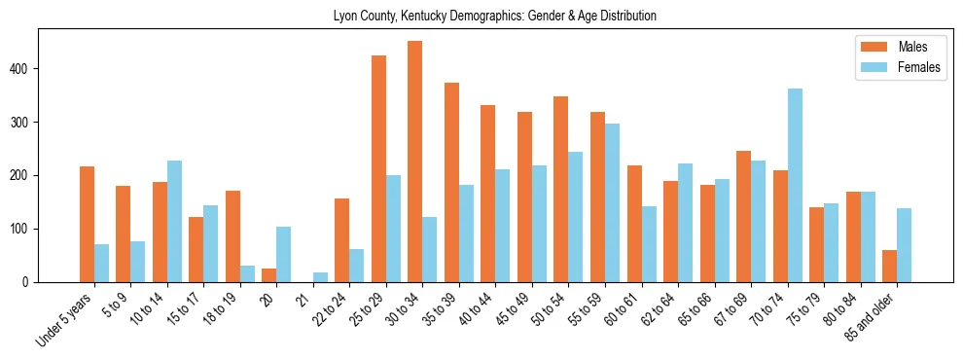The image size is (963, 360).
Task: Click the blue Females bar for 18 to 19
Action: click(x=247, y=273)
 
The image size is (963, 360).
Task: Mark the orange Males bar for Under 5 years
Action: click(x=87, y=224)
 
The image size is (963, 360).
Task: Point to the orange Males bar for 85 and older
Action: click(x=889, y=266)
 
